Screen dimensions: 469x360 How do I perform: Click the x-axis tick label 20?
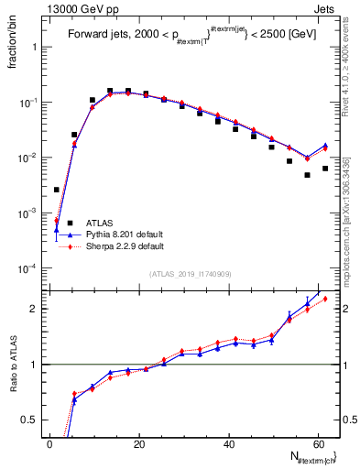[139, 444]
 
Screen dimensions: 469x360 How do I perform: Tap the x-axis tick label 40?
[229, 444]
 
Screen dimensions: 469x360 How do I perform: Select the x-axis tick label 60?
[318, 444]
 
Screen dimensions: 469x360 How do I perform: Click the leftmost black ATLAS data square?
[57, 190]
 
